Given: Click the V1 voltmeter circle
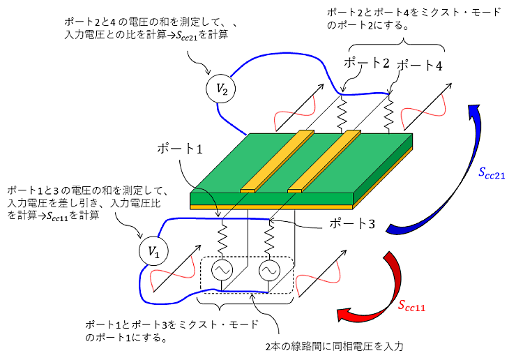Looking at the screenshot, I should [152, 253].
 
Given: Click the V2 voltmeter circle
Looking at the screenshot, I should [220, 89].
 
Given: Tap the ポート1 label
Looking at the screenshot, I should [180, 149].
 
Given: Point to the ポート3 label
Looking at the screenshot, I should [352, 225].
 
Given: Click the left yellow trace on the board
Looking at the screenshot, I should [278, 160].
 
